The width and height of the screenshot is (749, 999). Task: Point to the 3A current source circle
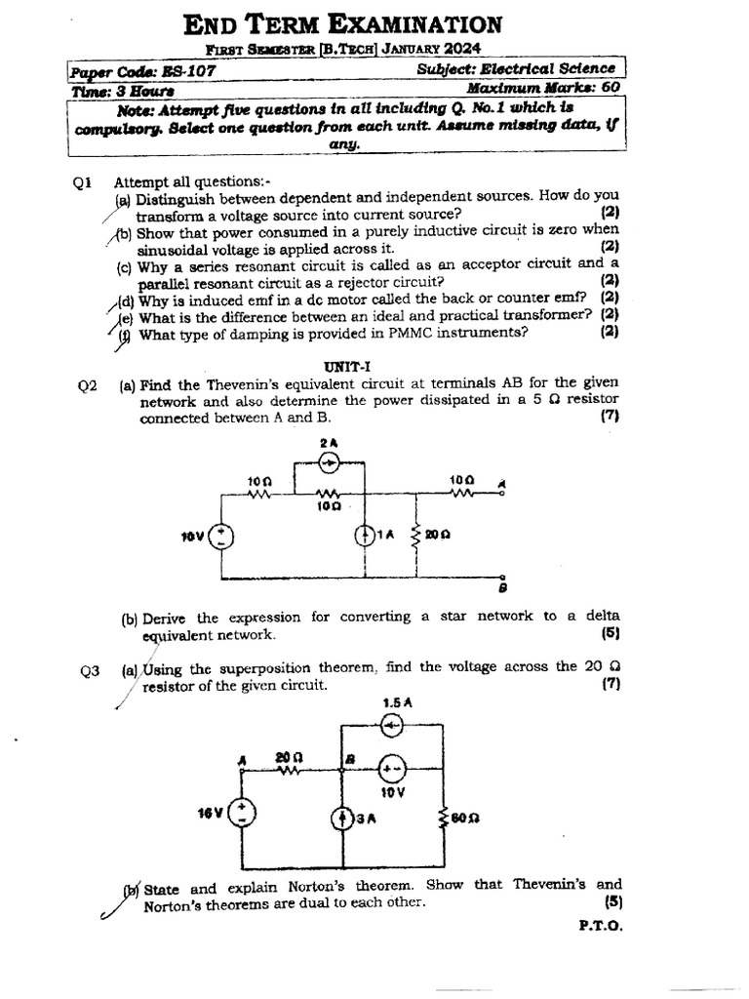tap(341, 819)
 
